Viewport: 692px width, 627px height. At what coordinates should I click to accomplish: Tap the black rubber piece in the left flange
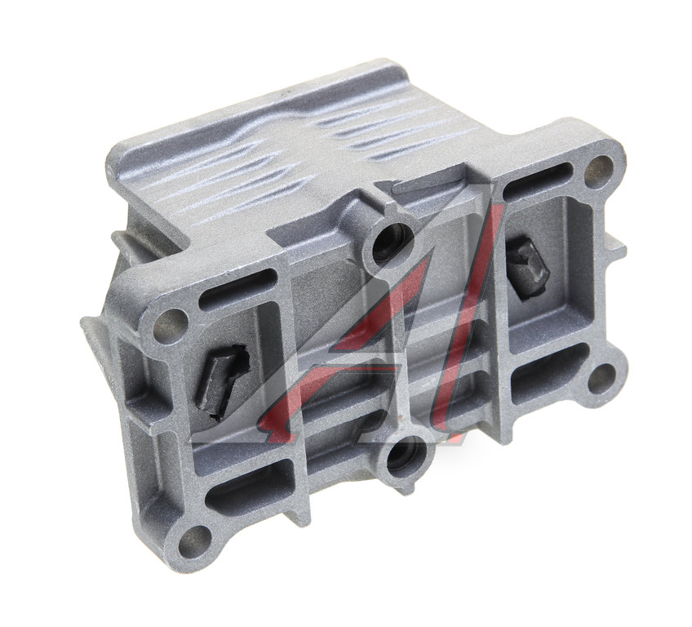pos(222,380)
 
